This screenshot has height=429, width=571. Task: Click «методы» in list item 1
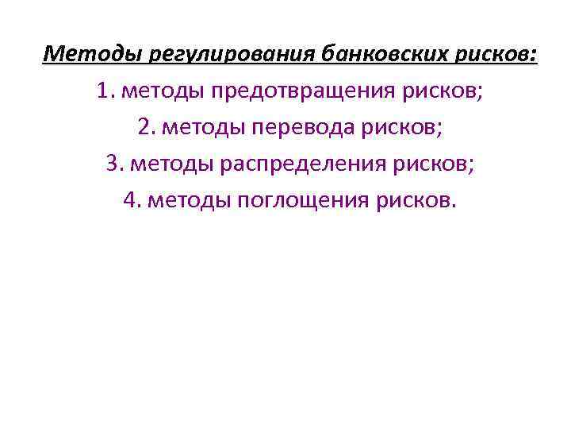(x=162, y=91)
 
